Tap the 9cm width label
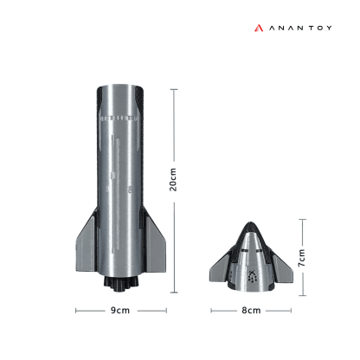tap(119, 310)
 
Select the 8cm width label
tap(251, 310)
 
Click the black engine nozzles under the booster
tap(119, 284)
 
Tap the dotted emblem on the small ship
tap(252, 277)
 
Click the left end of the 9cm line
tap(75, 310)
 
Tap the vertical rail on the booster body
tap(113, 173)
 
